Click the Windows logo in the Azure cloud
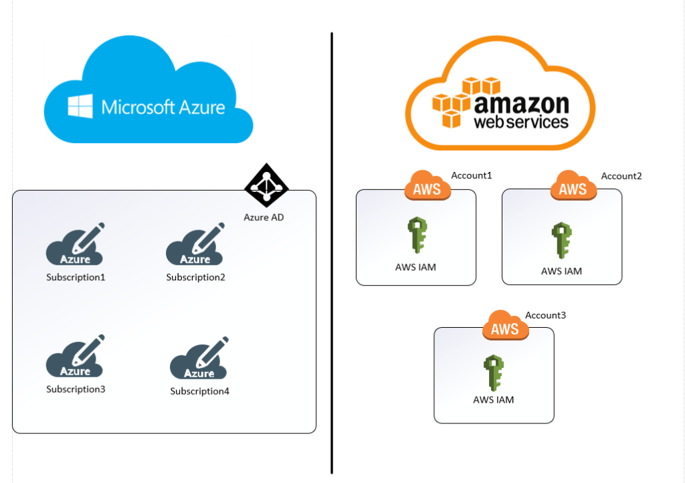pyautogui.click(x=80, y=106)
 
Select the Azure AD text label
pyautogui.click(x=264, y=217)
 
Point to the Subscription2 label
pyautogui.click(x=195, y=277)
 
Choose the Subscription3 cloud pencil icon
pyautogui.click(x=76, y=357)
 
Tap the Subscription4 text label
pyautogui.click(x=199, y=391)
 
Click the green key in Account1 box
pyautogui.click(x=417, y=235)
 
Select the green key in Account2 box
pyautogui.click(x=561, y=239)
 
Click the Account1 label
pyautogui.click(x=472, y=175)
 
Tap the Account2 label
pyautogui.click(x=621, y=176)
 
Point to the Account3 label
pyautogui.click(x=545, y=314)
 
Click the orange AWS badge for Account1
pyautogui.click(x=427, y=187)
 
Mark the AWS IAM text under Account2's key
pyautogui.click(x=561, y=271)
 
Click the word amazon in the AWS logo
pyautogui.click(x=522, y=105)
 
